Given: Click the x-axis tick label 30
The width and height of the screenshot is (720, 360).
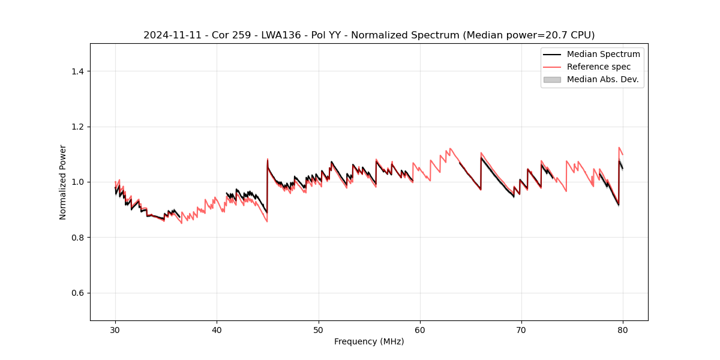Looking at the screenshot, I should point(115,329).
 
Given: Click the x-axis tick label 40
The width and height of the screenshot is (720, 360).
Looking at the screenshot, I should point(217,329).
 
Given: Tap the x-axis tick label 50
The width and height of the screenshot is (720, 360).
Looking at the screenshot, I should point(319,329).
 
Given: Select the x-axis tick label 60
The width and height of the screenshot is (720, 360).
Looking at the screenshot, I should point(420,329).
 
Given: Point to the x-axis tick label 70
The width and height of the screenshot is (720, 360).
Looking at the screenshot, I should point(521,329).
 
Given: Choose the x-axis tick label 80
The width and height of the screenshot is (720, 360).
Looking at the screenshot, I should point(623,329).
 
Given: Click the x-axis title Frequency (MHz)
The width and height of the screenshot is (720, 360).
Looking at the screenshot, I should point(369,341).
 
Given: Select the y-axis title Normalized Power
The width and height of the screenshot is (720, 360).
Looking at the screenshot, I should point(63,182).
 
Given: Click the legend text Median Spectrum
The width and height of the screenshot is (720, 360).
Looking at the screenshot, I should point(603,54).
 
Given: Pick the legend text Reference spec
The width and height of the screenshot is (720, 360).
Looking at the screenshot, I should point(598,67).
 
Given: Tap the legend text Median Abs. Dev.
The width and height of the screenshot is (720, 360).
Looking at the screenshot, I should point(602,79).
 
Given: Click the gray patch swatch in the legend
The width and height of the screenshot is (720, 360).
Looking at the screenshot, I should point(552,79).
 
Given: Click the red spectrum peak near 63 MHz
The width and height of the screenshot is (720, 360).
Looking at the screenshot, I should point(450,148).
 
